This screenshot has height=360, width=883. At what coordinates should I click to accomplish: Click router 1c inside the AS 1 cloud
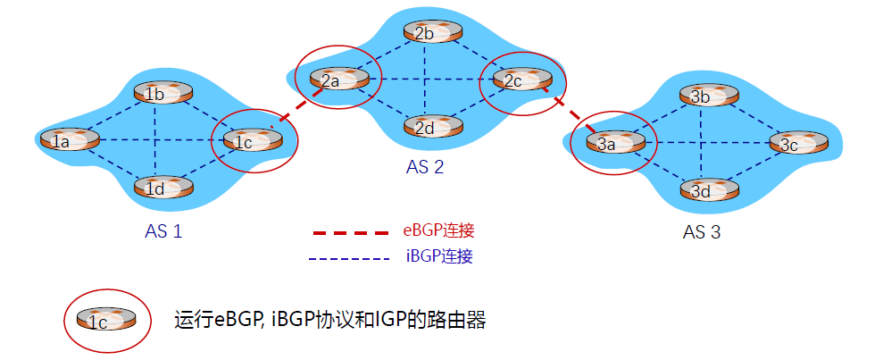pos(253,140)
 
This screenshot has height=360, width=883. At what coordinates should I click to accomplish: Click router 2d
pos(432,127)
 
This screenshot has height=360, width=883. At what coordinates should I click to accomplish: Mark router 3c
pos(797,143)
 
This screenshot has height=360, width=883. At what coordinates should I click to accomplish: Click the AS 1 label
pos(163,232)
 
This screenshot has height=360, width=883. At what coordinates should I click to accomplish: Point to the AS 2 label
pos(425,166)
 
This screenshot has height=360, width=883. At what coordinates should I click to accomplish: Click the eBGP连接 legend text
pos(439,230)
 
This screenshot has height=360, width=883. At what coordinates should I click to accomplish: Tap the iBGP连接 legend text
pos(438,257)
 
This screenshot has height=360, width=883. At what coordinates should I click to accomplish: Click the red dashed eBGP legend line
pos(350,232)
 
